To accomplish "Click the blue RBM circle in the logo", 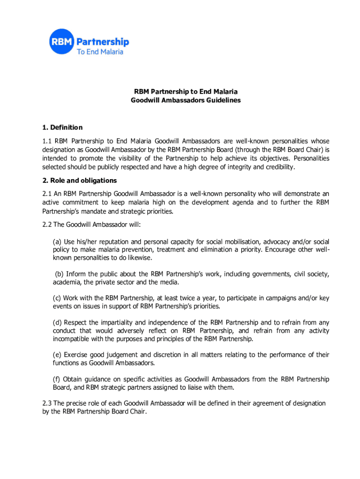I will pyautogui.click(x=62, y=42).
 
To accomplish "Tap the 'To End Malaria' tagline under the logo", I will pyautogui.click(x=100, y=52).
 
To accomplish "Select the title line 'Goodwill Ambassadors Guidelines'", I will pyautogui.click(x=186, y=100).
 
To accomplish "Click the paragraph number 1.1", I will pyautogui.click(x=47, y=141).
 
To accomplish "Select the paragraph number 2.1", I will pyautogui.click(x=47, y=194).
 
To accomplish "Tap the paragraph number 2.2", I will pyautogui.click(x=47, y=225).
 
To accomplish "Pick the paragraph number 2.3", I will pyautogui.click(x=47, y=403).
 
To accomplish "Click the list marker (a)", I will pyautogui.click(x=57, y=242).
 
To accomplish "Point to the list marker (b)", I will pyautogui.click(x=59, y=274).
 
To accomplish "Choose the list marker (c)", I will pyautogui.click(x=57, y=298).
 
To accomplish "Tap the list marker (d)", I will pyautogui.click(x=57, y=322).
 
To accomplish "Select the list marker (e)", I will pyautogui.click(x=57, y=355).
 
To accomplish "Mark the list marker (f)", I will pyautogui.click(x=57, y=379).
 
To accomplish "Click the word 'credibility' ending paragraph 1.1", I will pyautogui.click(x=279, y=167).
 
